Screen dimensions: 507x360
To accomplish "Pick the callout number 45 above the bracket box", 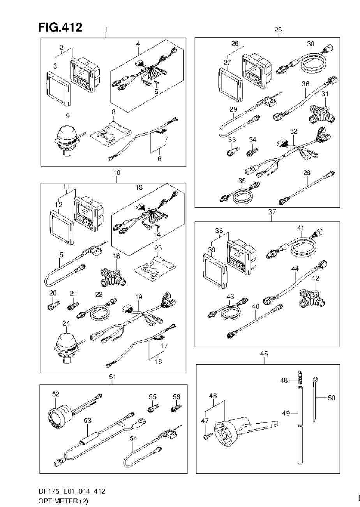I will [x=264, y=354].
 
